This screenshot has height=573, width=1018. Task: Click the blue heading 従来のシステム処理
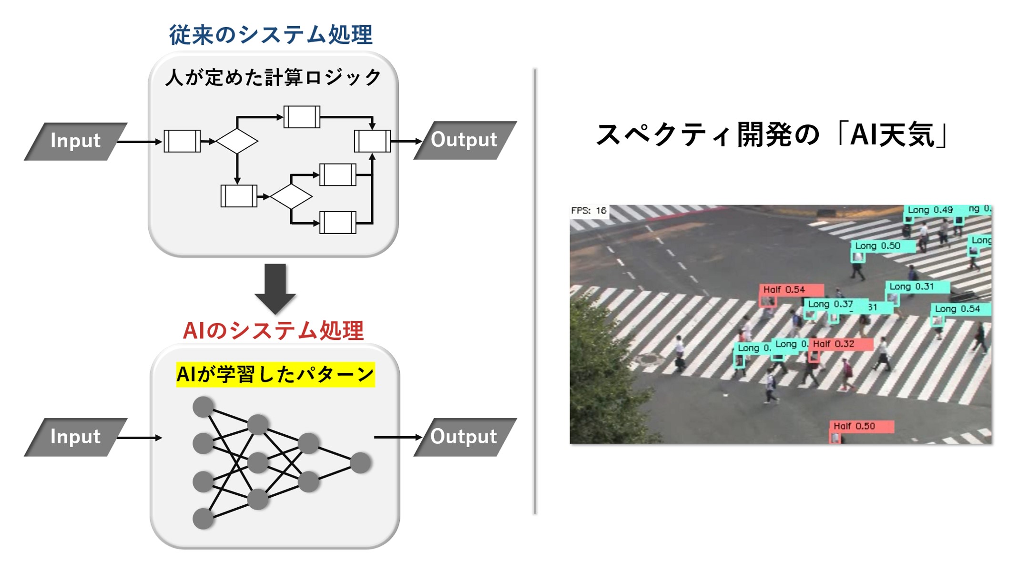click(x=271, y=35)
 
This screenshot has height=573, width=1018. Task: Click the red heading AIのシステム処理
click(x=273, y=331)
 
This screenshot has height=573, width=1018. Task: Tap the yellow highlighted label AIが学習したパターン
click(x=275, y=375)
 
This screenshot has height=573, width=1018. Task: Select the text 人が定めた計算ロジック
click(x=273, y=78)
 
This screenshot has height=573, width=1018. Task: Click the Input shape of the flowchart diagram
click(x=76, y=141)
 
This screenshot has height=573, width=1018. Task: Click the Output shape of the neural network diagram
click(x=464, y=437)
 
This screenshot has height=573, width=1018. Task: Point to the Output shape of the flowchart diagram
click(x=464, y=140)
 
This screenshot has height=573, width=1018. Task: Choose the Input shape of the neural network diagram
click(x=76, y=437)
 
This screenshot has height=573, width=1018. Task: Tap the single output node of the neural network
click(x=360, y=463)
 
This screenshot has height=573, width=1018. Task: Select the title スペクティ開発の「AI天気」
click(x=773, y=135)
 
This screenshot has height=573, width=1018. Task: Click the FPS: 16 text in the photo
click(x=589, y=211)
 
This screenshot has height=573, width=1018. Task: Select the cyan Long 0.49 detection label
click(x=930, y=210)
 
